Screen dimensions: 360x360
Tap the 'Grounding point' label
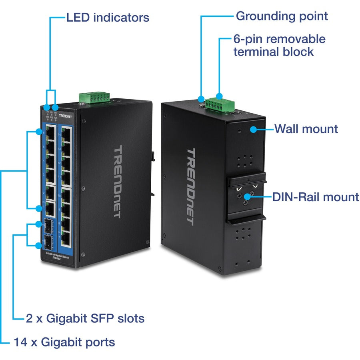282,16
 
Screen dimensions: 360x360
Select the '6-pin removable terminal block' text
279,45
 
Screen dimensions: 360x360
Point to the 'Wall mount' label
306,129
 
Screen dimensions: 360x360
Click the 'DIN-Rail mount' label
316,197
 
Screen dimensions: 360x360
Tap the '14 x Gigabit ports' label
64,342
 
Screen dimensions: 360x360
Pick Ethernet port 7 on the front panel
66,237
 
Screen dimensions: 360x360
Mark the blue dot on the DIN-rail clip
248,196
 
